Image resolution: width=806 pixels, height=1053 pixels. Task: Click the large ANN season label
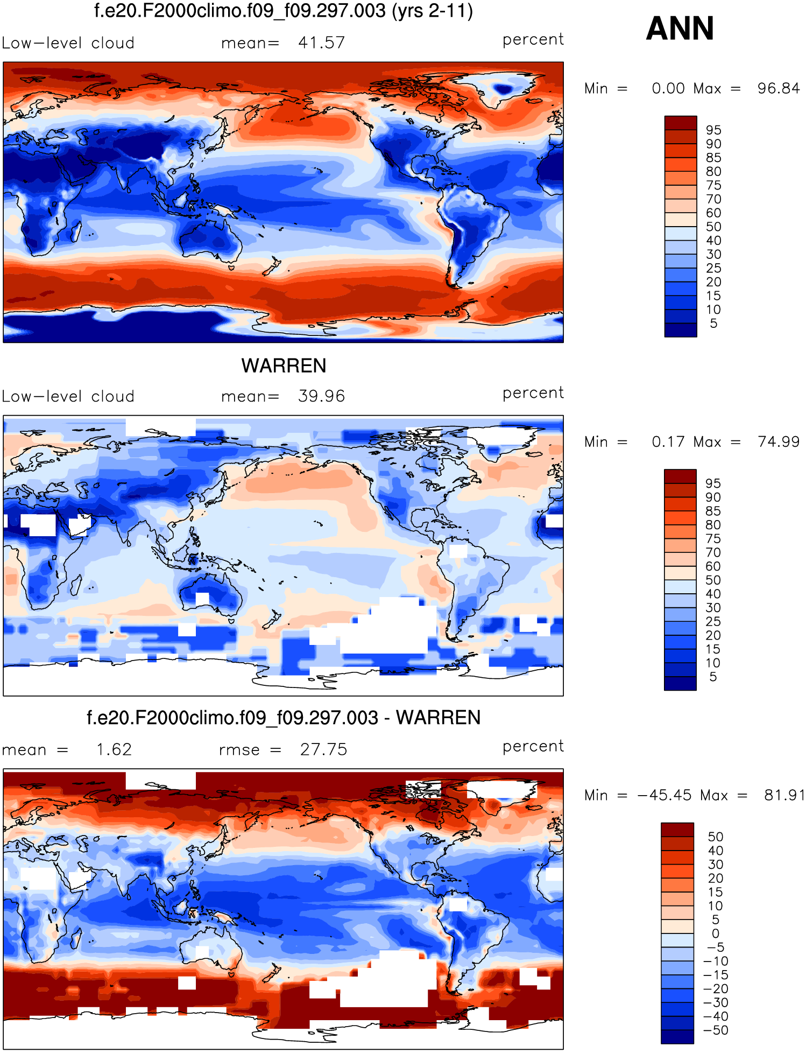point(680,29)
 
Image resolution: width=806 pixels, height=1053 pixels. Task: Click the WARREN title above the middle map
point(284,366)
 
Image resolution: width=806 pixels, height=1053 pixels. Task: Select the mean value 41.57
point(321,43)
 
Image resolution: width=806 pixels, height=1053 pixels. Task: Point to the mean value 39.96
point(321,396)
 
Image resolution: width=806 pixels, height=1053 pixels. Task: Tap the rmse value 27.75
point(323,749)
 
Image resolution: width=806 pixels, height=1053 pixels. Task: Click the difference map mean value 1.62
point(114,749)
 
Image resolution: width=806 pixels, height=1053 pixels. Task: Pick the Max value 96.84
point(778,88)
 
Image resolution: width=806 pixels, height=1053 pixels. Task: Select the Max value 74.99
point(778,442)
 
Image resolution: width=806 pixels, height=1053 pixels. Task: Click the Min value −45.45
point(664,795)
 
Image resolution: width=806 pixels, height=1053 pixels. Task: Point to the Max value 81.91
point(783,795)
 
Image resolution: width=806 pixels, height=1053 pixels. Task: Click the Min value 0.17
point(668,442)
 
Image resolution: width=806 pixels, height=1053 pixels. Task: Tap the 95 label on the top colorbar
point(713,130)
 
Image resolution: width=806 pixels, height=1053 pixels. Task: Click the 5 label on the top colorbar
point(713,324)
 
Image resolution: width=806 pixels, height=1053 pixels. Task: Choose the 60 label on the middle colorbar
point(713,566)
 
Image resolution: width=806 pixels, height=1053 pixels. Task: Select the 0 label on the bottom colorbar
point(715,933)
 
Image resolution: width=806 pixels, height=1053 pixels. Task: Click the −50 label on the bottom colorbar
point(715,1030)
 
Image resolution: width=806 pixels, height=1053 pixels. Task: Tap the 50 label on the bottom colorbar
point(715,837)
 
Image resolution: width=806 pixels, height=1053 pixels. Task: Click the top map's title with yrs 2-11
point(284,11)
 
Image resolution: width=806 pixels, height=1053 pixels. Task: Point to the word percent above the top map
point(533,39)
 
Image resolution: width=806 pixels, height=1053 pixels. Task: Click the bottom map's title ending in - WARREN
point(284,718)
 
